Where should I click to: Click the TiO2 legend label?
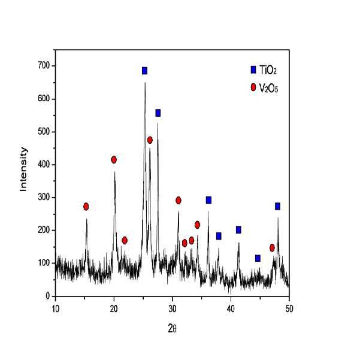268,70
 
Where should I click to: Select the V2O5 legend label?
268,88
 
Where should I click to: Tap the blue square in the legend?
253,70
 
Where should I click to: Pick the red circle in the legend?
253,87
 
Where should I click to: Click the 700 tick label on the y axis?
44,66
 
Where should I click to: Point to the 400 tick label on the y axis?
44,165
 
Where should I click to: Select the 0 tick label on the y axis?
48,296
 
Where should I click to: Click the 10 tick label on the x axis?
56,309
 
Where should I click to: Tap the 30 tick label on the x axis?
173,309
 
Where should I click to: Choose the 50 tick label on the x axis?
289,309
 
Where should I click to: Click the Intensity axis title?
23,170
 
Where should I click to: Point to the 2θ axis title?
172,329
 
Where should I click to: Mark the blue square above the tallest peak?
144,71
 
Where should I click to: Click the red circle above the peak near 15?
86,207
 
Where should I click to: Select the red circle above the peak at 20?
114,159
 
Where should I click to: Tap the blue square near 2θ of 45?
258,258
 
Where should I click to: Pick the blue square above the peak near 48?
277,207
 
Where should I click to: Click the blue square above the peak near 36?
208,200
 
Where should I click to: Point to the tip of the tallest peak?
145,83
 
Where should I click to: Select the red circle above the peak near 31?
179,201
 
